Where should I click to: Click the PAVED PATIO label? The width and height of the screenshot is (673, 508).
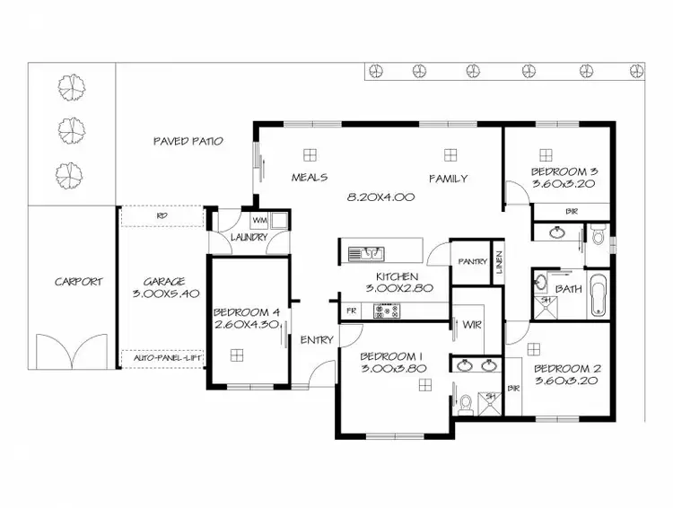point(188,141)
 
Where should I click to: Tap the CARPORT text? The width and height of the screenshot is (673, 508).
point(78,281)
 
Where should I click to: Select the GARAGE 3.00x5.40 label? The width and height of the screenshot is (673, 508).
point(163,286)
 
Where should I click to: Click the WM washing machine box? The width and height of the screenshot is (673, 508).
point(259,220)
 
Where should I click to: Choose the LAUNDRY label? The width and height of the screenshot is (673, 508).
point(249,237)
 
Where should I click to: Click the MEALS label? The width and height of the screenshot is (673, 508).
point(309,178)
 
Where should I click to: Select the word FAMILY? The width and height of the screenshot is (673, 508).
point(448,179)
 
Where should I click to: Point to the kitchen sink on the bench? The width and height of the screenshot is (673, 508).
point(366,253)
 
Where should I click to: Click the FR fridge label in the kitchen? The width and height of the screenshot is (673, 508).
point(350,311)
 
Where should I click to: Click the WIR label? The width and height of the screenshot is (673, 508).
point(471,324)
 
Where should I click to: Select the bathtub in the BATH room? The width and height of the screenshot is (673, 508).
point(599,296)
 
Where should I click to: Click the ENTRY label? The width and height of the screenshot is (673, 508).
point(316,339)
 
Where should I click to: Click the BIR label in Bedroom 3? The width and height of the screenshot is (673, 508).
point(572,211)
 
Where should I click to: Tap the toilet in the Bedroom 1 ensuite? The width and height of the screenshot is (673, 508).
point(464,404)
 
